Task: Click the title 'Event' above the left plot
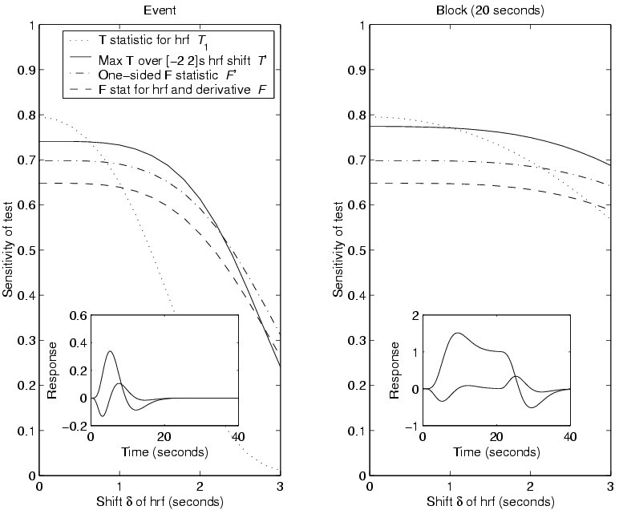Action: click(x=159, y=11)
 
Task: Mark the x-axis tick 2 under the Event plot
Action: click(x=200, y=487)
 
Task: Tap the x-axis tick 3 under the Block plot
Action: click(x=609, y=487)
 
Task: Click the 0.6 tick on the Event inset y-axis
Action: click(x=78, y=315)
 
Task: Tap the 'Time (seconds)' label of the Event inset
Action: click(x=164, y=451)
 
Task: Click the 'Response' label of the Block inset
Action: click(x=394, y=370)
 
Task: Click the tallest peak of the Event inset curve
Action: click(x=110, y=351)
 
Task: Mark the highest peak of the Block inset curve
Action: click(x=457, y=333)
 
